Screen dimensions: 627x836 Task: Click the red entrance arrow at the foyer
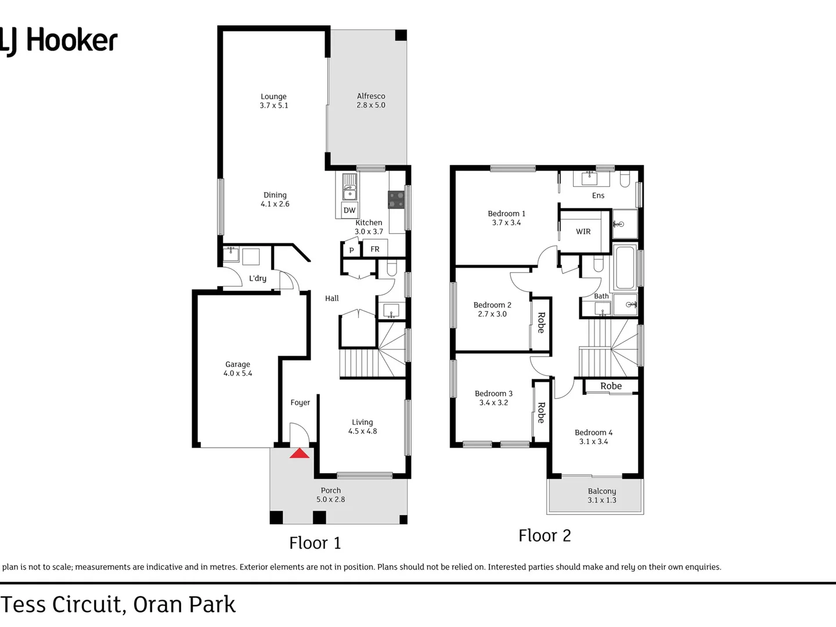[x=300, y=453]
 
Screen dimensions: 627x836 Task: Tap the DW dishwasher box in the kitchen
[x=349, y=210]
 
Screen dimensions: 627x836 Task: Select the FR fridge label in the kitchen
[x=375, y=249]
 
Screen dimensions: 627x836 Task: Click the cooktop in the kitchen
[x=396, y=200]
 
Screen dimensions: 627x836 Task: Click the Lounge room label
[x=273, y=97]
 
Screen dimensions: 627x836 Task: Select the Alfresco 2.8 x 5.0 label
[x=371, y=100]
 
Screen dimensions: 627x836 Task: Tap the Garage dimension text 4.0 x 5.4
[x=238, y=373]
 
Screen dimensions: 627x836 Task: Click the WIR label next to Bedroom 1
[x=583, y=232]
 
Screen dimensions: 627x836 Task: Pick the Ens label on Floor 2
[x=598, y=196]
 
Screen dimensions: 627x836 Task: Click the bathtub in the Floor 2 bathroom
[x=625, y=268]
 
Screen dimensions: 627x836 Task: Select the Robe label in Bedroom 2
[x=541, y=323]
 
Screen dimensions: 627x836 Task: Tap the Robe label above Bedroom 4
[x=611, y=386]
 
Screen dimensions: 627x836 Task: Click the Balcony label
[x=602, y=491]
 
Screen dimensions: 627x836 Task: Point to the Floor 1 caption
[x=315, y=543]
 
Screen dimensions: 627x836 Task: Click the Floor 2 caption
[x=545, y=535]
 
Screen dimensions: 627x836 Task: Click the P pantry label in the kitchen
[x=351, y=251]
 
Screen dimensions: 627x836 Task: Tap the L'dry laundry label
[x=258, y=279]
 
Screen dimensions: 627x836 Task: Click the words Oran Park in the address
[x=185, y=604]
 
